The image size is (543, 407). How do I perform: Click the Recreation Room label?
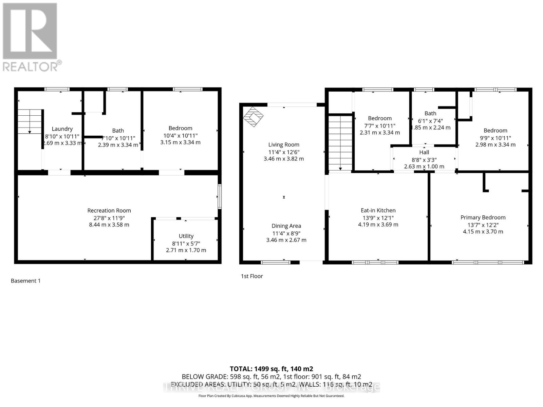click(x=109, y=211)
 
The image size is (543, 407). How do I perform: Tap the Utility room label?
click(x=186, y=236)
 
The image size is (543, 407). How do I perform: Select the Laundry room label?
click(x=62, y=129)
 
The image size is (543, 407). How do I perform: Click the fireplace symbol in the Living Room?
click(x=253, y=117)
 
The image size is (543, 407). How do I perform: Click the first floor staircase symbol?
click(x=340, y=142)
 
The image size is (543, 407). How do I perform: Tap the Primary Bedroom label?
click(x=483, y=217)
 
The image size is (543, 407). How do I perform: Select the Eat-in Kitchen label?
click(x=378, y=210)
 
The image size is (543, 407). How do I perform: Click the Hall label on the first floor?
click(x=424, y=152)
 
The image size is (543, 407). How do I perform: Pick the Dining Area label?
click(x=286, y=226)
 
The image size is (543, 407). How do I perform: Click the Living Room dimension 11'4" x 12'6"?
click(x=284, y=152)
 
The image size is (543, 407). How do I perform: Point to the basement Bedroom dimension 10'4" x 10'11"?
click(x=180, y=135)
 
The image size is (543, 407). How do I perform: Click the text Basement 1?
click(x=26, y=281)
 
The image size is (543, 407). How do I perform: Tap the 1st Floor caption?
click(x=252, y=276)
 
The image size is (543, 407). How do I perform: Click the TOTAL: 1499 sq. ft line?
click(x=271, y=369)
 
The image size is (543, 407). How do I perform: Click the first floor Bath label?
click(x=430, y=113)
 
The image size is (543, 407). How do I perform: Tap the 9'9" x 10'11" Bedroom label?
click(x=495, y=131)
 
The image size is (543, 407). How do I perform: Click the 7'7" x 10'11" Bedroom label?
click(x=380, y=118)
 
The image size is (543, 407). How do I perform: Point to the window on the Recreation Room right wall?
click(x=220, y=196)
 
